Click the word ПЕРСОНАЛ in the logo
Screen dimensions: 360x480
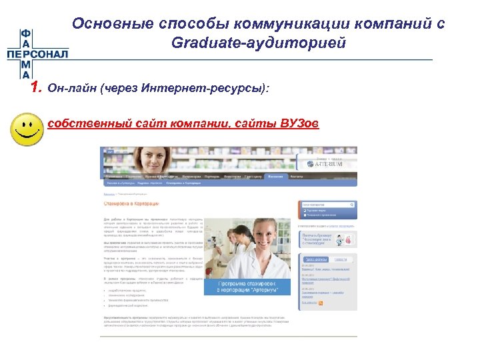click(x=37, y=54)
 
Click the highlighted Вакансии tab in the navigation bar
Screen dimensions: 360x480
click(x=275, y=177)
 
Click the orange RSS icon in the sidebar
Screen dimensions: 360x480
click(x=321, y=303)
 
